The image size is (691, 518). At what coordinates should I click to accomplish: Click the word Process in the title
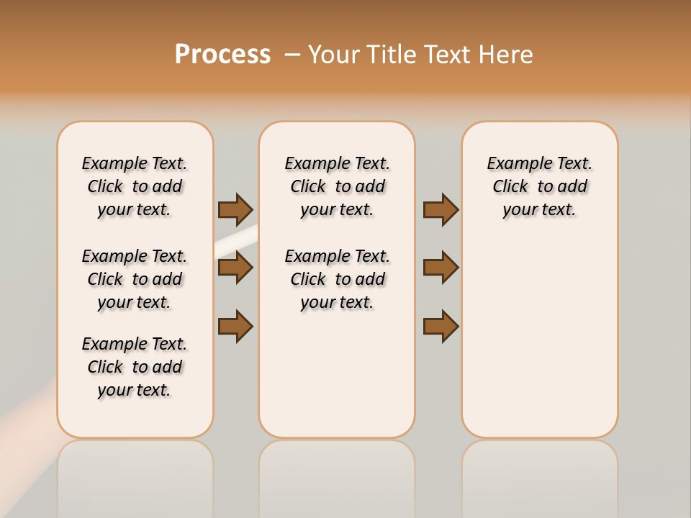click(222, 55)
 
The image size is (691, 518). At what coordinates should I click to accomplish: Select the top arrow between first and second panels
click(235, 209)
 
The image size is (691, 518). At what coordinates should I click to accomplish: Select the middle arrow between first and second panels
click(235, 268)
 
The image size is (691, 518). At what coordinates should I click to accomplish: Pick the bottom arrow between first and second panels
click(235, 326)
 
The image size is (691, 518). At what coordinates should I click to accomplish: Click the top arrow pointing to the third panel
click(441, 209)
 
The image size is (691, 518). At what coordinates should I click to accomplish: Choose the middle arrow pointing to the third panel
click(441, 268)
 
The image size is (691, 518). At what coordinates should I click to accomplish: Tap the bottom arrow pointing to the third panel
click(441, 326)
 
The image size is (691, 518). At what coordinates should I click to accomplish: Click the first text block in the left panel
click(135, 186)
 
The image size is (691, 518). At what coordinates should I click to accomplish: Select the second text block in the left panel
click(135, 279)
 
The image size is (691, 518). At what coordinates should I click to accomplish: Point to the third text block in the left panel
click(135, 367)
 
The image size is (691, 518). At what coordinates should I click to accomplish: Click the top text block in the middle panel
click(337, 186)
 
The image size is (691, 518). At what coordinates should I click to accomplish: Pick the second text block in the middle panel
click(337, 279)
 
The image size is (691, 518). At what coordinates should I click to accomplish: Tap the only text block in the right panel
click(539, 186)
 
